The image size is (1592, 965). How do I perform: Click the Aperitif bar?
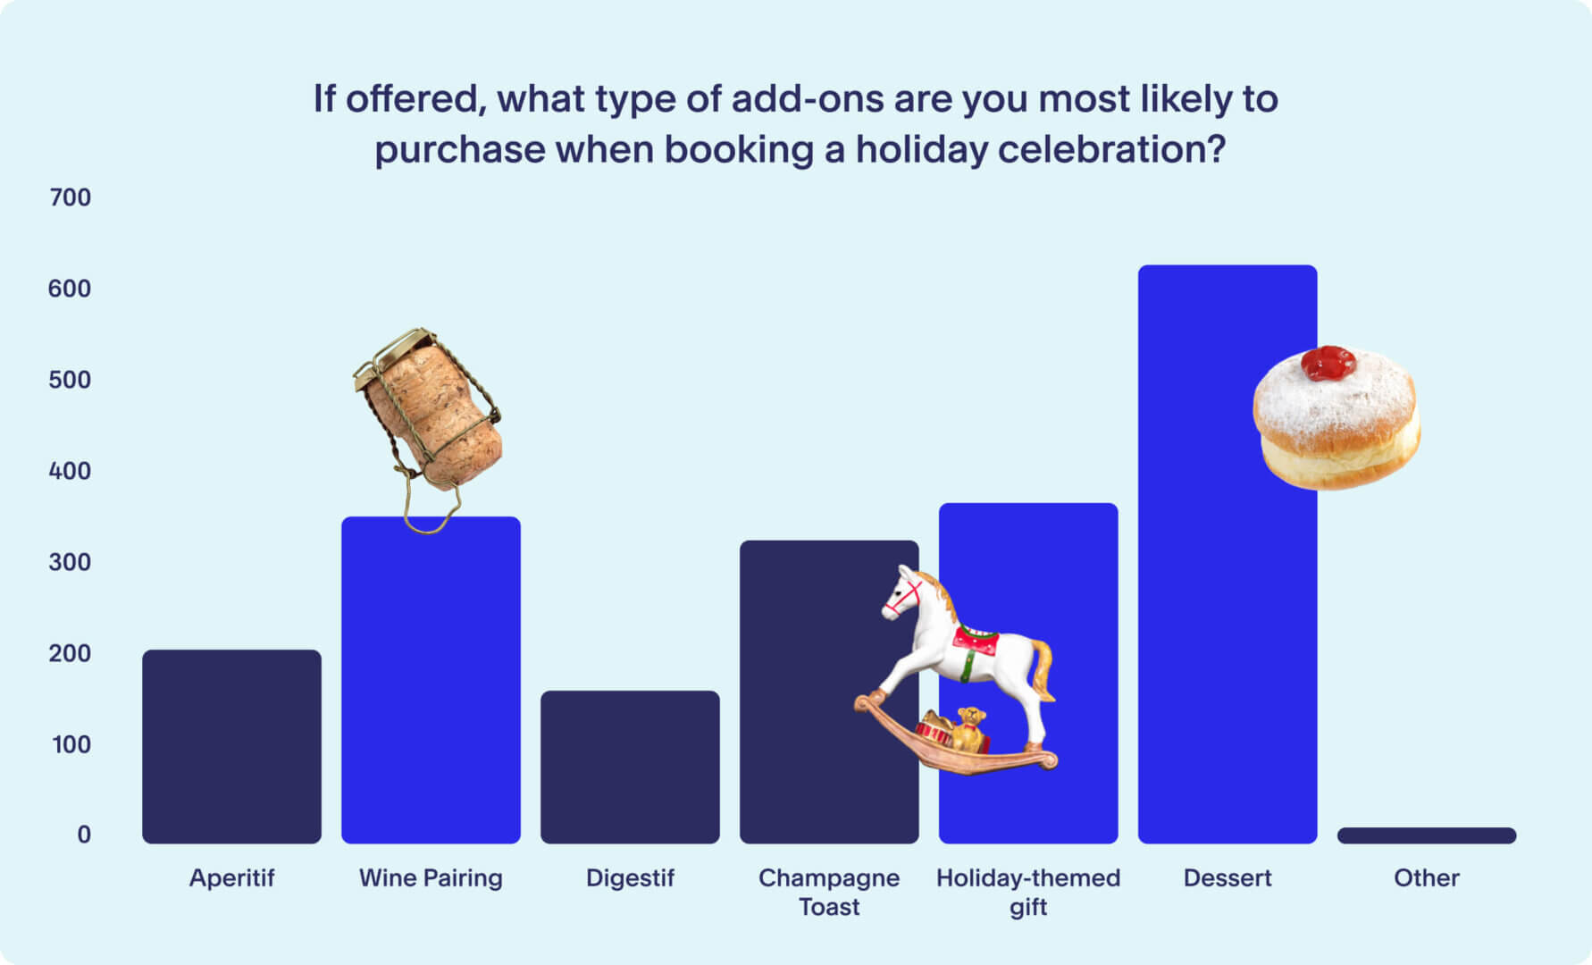click(x=231, y=746)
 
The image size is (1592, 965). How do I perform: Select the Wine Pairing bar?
click(x=431, y=679)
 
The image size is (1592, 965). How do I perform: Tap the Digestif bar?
click(x=630, y=767)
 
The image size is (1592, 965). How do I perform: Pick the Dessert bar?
click(x=1227, y=625)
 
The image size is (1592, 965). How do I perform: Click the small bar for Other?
click(x=1426, y=835)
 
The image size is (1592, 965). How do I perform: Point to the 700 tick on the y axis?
click(x=70, y=197)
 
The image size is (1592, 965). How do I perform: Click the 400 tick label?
click(x=70, y=471)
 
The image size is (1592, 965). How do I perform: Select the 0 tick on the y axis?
click(x=84, y=835)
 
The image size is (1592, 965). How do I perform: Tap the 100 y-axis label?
click(x=71, y=744)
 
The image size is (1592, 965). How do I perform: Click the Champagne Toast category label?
click(x=829, y=892)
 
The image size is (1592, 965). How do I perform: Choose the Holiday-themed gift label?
click(x=1028, y=892)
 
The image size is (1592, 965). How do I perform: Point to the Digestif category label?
click(x=630, y=877)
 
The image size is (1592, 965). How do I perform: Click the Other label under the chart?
click(x=1426, y=877)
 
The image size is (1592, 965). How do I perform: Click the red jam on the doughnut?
click(x=1328, y=363)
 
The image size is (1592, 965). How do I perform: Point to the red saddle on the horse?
click(x=976, y=641)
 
